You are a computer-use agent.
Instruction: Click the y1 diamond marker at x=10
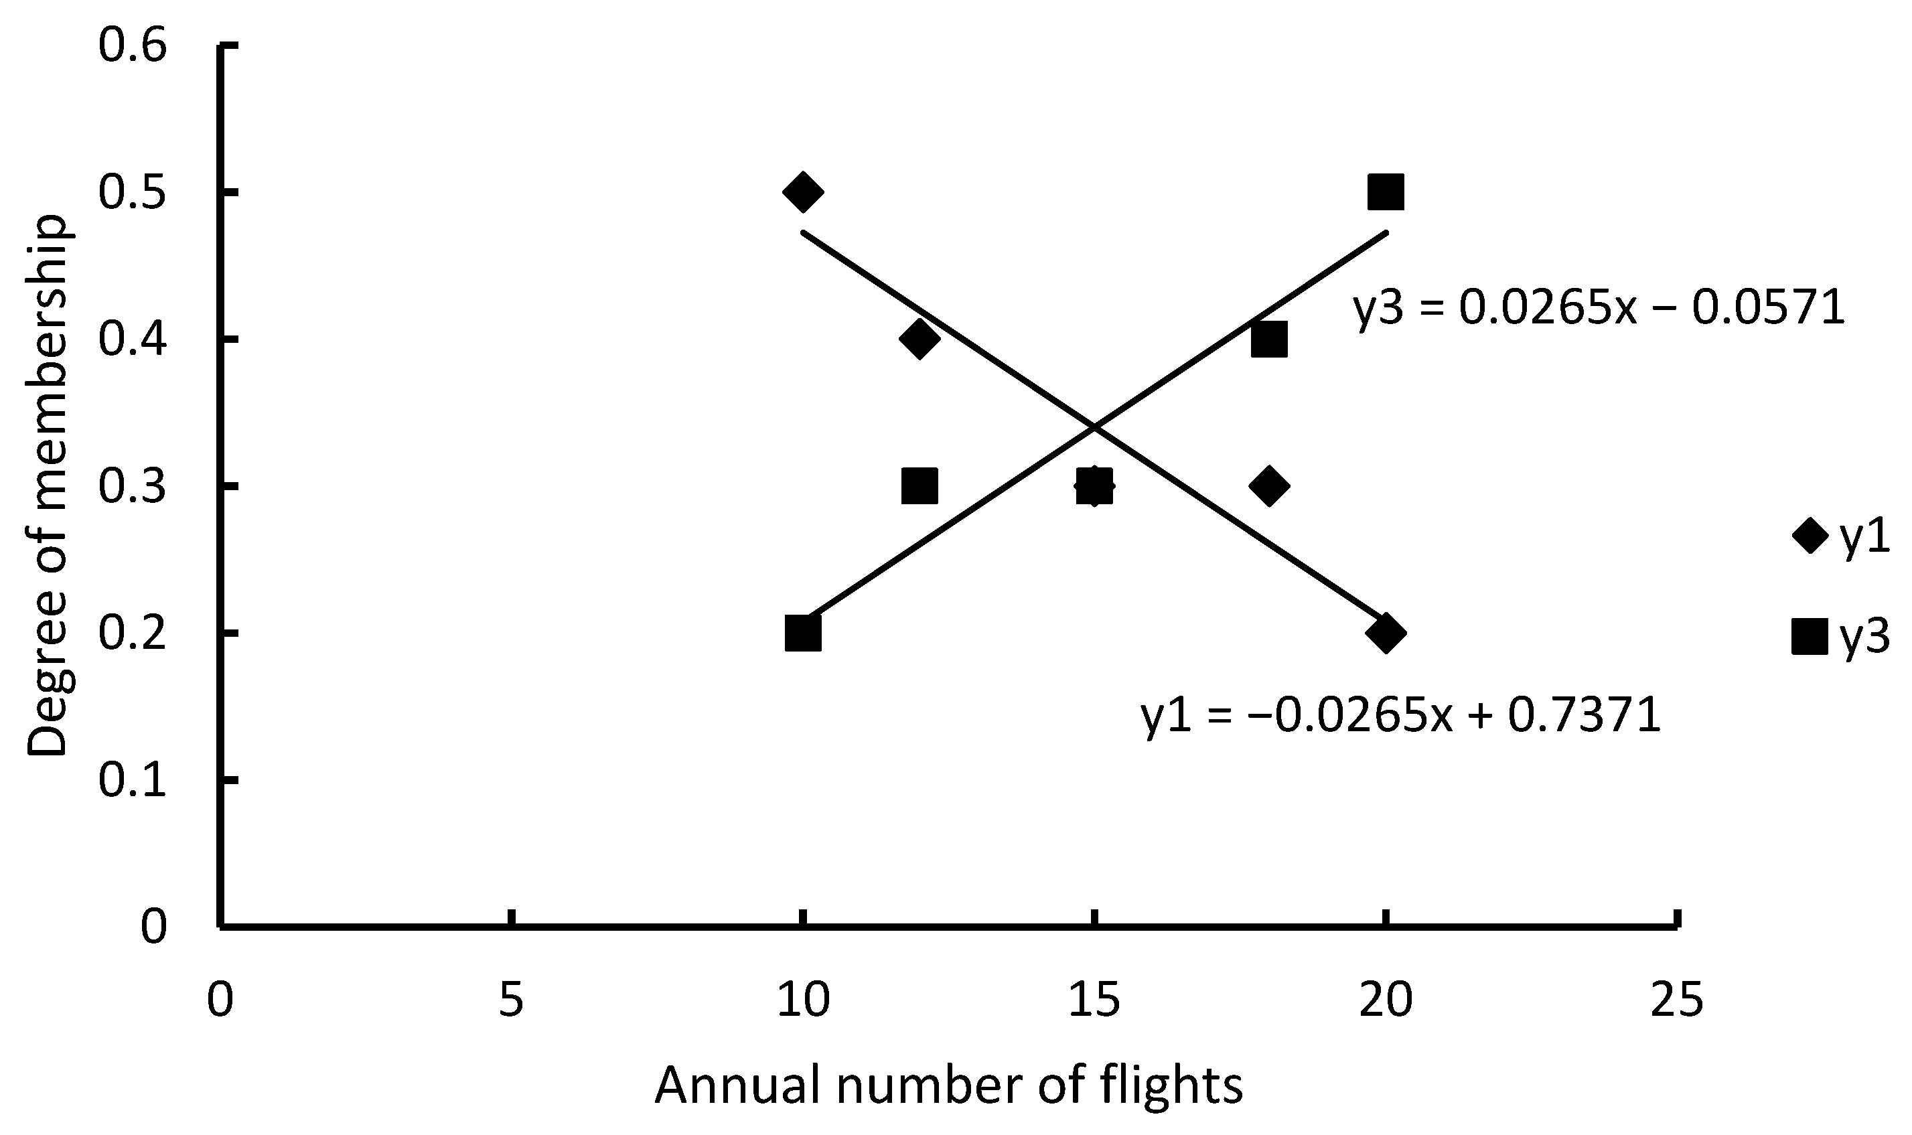point(802,192)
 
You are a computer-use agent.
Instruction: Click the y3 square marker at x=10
point(802,633)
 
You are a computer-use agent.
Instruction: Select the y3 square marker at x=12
point(920,485)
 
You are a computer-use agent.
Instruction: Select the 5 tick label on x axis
point(511,1000)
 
